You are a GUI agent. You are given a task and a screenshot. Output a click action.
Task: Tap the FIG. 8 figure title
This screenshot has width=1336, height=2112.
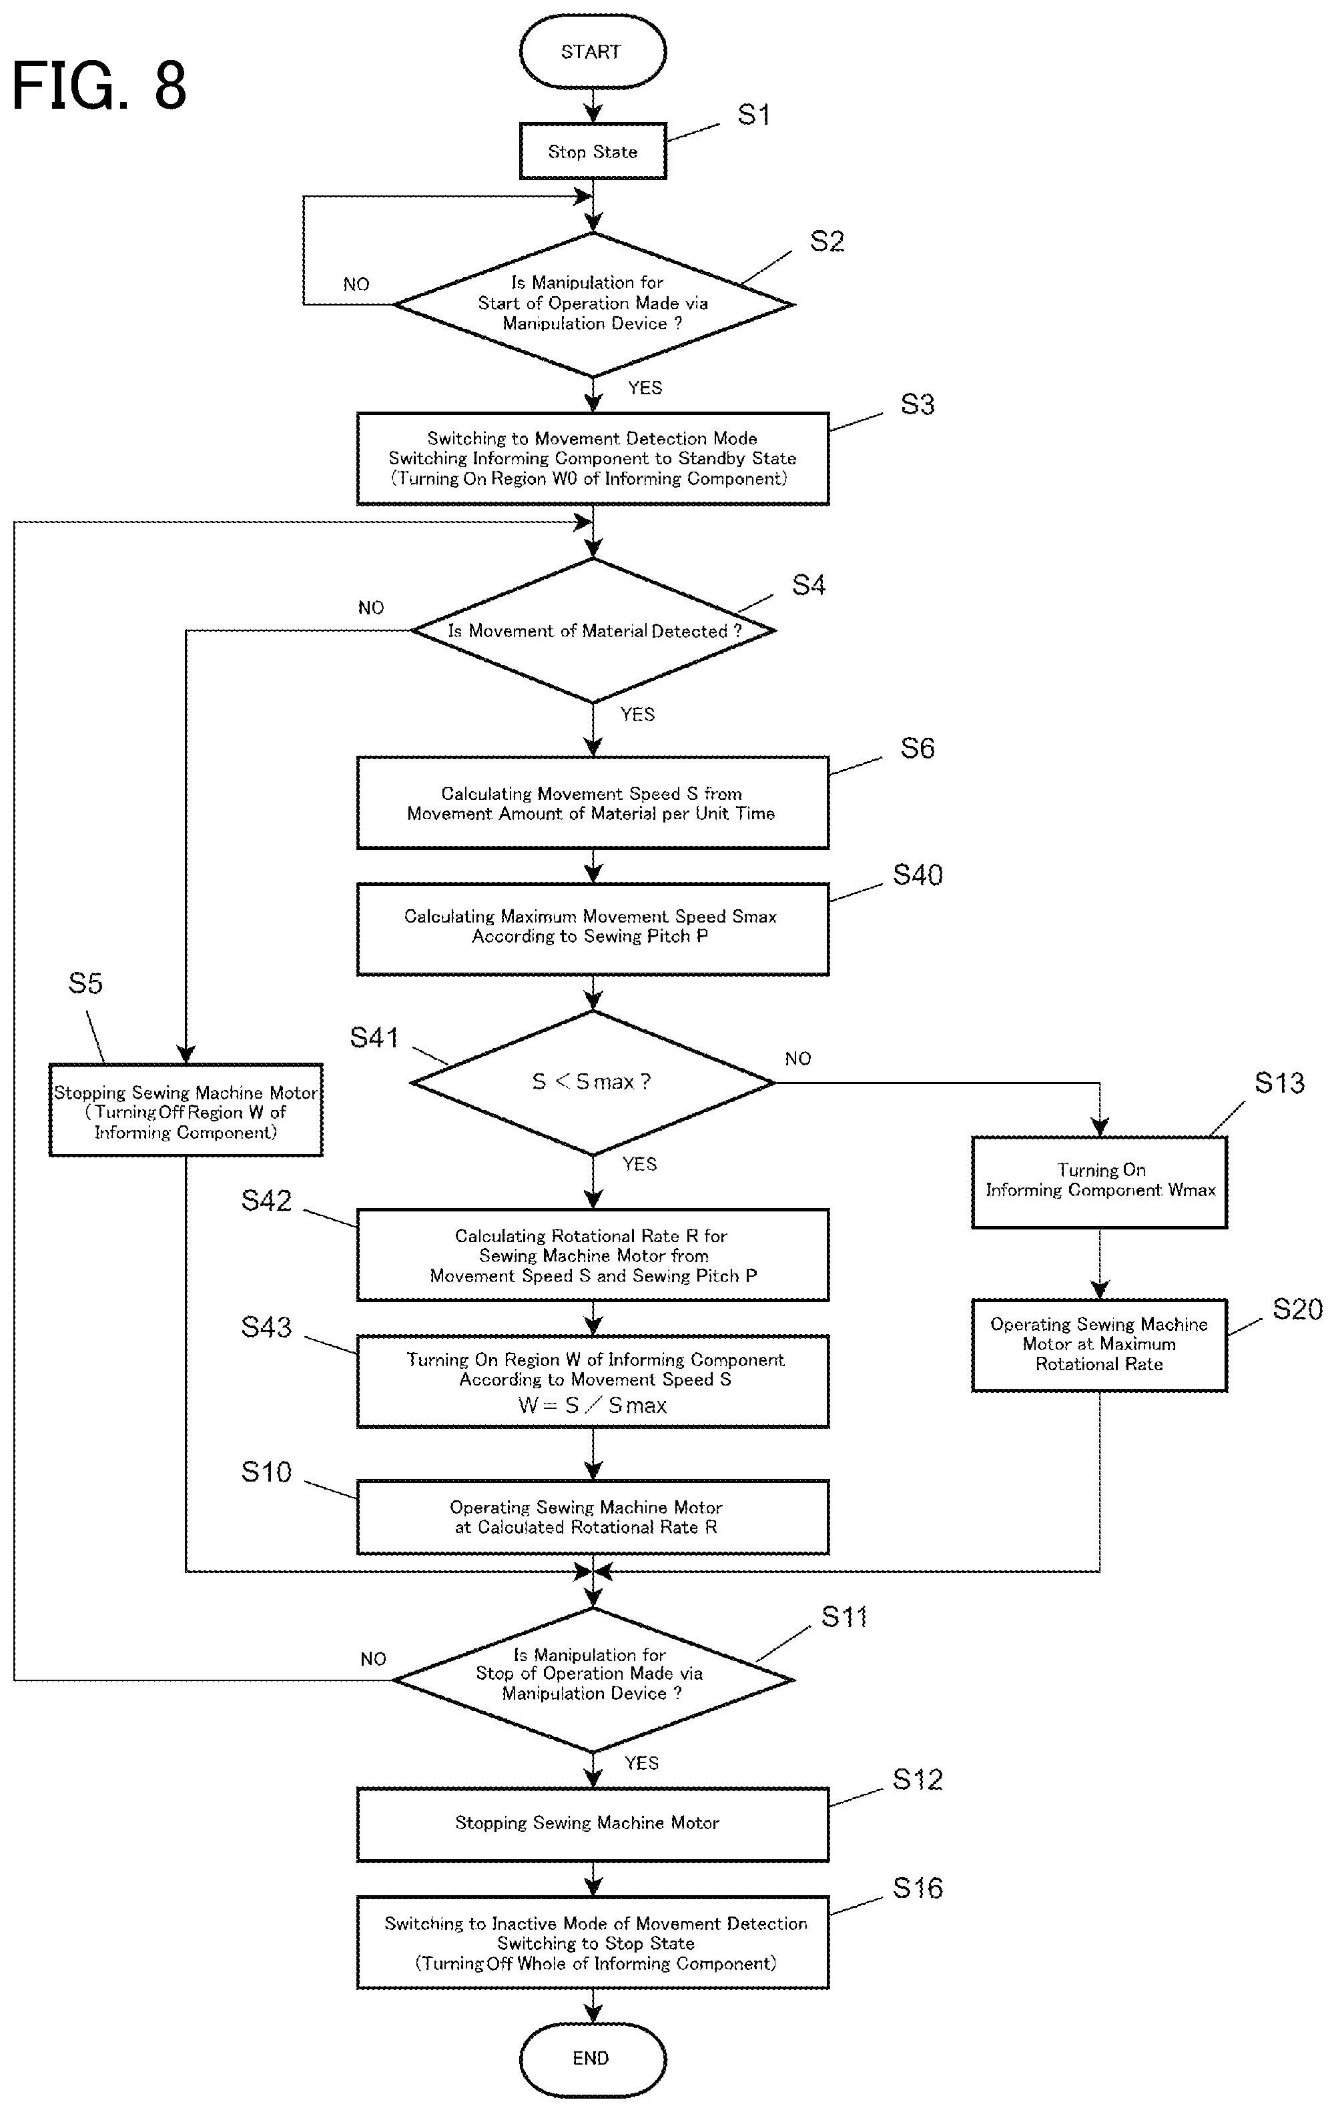point(99,85)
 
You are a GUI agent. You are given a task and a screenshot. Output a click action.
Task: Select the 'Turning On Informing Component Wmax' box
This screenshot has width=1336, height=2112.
point(1099,1181)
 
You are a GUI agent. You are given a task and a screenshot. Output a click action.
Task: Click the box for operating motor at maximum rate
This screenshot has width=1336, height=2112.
point(1099,1345)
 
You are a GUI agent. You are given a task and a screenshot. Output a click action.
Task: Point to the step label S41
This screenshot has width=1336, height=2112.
point(374,1037)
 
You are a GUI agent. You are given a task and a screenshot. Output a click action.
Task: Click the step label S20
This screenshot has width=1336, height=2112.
point(1297,1309)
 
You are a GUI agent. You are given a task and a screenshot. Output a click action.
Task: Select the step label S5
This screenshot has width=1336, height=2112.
point(85,983)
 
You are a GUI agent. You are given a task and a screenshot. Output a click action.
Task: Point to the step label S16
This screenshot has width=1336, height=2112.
point(918,1889)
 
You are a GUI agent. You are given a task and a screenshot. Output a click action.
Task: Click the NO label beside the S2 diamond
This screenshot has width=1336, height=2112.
point(356,284)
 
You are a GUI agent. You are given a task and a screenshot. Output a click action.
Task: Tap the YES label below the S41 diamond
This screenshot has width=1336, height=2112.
point(639,1164)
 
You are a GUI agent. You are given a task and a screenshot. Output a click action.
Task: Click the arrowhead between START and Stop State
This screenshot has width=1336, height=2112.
point(593,114)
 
